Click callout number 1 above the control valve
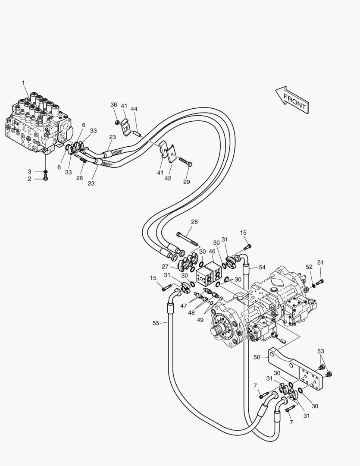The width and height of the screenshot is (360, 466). click(23, 82)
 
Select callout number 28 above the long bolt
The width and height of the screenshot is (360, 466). click(194, 222)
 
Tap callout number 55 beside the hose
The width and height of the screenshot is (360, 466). click(156, 323)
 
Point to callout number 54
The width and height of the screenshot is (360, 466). click(262, 268)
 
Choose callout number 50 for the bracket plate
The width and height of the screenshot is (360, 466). click(257, 357)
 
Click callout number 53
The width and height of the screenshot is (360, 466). click(320, 352)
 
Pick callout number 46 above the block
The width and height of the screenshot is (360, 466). click(212, 251)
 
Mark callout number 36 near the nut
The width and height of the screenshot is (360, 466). click(113, 105)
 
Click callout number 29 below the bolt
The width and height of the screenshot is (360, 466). click(186, 182)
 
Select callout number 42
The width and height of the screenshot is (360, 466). click(168, 178)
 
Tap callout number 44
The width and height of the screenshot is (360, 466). click(134, 109)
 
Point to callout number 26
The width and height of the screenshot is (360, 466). click(79, 178)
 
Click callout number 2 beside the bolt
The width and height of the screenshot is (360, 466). click(30, 179)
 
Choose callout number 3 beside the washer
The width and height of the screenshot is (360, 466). click(30, 172)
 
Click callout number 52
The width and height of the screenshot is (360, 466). click(309, 267)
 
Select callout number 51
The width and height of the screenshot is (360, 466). click(320, 262)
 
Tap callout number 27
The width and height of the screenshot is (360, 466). click(165, 267)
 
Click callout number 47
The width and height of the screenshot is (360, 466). click(184, 306)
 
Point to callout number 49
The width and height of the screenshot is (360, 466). click(200, 320)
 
